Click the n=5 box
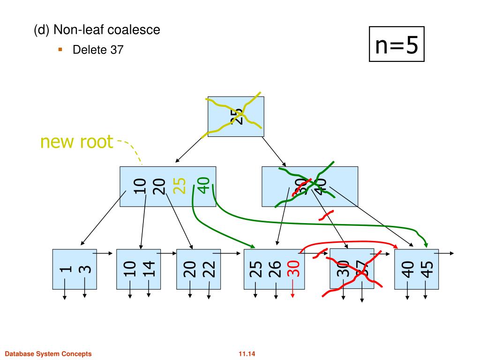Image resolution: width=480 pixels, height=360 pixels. (396, 45)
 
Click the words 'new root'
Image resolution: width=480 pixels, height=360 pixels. (77, 141)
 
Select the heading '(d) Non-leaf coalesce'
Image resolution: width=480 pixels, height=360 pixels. (97, 30)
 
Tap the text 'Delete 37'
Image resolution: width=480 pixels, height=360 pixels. (97, 50)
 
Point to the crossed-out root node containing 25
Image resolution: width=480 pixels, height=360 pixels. (236, 116)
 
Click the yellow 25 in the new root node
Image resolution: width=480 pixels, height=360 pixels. (179, 186)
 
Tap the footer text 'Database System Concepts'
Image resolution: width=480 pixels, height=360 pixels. (48, 353)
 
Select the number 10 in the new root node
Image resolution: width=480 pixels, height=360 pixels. (139, 186)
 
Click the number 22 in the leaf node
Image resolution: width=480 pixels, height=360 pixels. (209, 269)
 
